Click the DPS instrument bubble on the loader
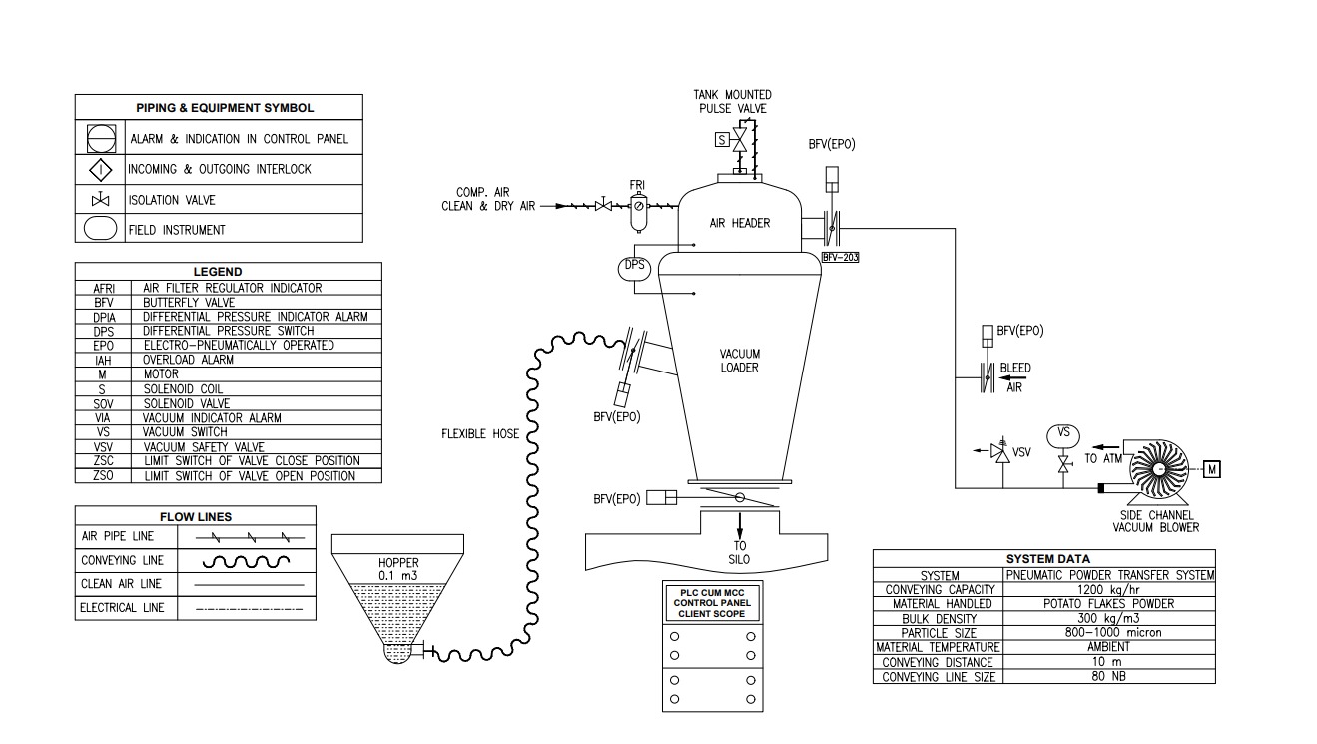pos(634,268)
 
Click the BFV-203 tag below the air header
pos(840,257)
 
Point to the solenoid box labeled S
pos(721,140)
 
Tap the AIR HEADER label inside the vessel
pos(739,224)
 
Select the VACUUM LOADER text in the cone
pos(739,361)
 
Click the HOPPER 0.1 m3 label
pos(397,569)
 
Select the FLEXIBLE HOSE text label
pos(481,433)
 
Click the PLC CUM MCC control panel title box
pos(713,602)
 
